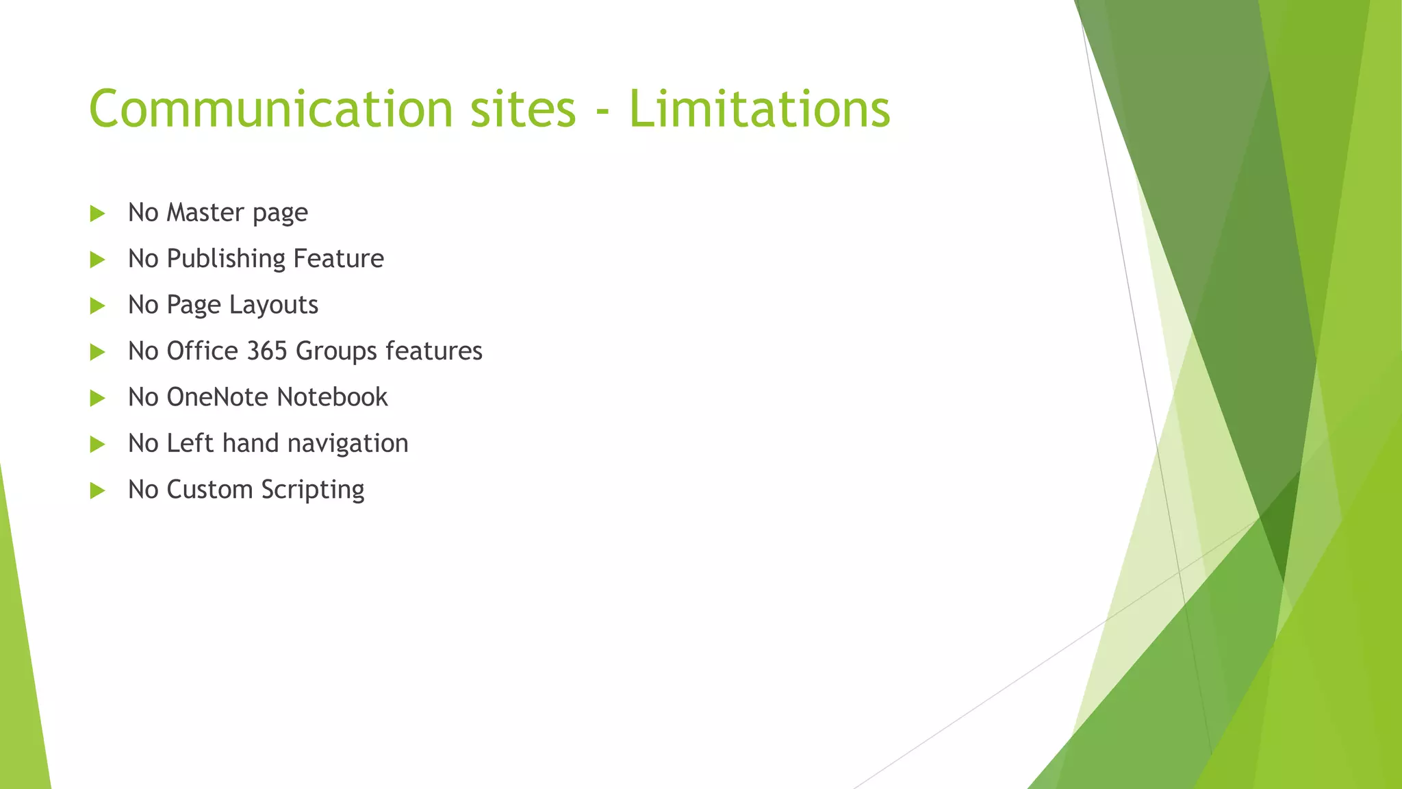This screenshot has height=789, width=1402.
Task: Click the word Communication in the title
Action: [x=271, y=109]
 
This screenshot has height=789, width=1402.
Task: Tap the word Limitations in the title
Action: [x=759, y=109]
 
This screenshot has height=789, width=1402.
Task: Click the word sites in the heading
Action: [x=523, y=109]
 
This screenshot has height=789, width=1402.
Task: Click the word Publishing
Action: [x=226, y=259]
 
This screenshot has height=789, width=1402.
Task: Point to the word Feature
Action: [x=338, y=259]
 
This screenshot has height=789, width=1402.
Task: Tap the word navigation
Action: [x=348, y=444]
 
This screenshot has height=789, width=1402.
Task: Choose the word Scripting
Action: [x=313, y=490]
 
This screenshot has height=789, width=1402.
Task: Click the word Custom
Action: [x=209, y=490]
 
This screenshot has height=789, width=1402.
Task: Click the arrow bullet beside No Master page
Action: [x=97, y=214]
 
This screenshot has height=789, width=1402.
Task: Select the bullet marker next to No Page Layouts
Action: [x=97, y=306]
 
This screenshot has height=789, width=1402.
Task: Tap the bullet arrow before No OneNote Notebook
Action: [x=97, y=399]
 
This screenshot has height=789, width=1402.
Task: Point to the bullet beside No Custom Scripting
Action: [x=97, y=490]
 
